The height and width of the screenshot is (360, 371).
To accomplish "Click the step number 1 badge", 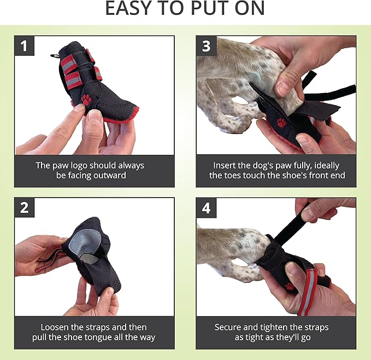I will [25, 46].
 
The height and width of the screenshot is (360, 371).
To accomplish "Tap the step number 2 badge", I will [25, 208].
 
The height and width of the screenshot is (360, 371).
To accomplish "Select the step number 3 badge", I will [206, 46].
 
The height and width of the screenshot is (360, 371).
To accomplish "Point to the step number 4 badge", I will [206, 208].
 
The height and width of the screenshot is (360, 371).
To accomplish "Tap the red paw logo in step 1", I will [87, 99].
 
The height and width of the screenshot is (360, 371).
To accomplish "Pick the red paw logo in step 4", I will [289, 286].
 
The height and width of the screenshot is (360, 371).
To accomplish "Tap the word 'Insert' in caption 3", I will [226, 165].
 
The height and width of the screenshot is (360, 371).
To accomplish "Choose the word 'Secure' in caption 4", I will [229, 327].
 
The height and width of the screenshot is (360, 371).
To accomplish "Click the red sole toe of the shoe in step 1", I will [123, 117].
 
